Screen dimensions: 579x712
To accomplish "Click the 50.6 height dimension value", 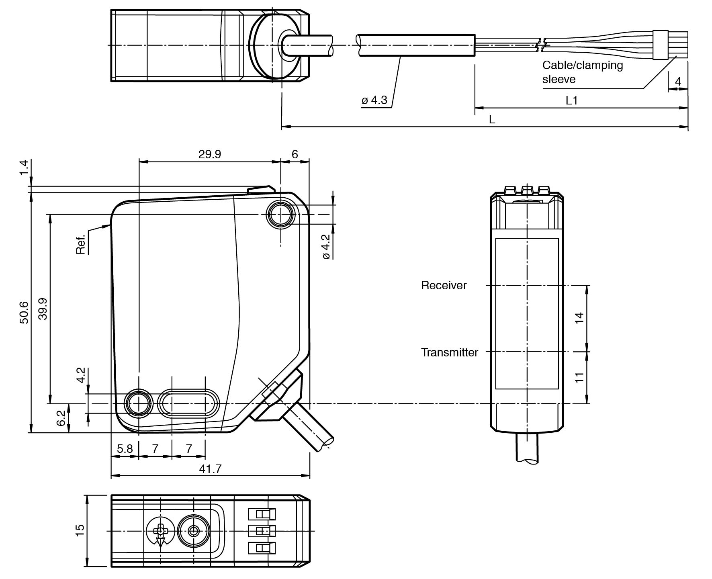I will point(24,312).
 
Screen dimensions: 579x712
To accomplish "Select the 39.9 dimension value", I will point(43,309).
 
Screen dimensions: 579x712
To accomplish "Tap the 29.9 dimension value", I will point(209,154).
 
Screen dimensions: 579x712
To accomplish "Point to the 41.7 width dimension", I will point(210,469).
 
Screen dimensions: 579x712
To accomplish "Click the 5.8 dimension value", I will point(125,448).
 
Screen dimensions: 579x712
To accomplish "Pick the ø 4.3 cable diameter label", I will point(374,100).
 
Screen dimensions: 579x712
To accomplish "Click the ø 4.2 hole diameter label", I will point(325,247).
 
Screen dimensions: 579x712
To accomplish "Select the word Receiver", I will point(444,285).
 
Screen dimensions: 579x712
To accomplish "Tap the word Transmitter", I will point(449,352).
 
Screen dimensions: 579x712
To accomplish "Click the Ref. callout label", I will point(81,244).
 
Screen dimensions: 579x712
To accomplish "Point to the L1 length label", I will point(571,100).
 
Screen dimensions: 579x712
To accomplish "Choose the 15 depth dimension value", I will point(80,531).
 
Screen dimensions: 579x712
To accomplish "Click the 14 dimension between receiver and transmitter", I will point(579,318).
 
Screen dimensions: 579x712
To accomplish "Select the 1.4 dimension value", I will point(24,168).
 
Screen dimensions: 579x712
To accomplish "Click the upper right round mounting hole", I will point(280,215).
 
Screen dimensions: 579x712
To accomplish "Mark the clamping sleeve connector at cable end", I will point(660,45).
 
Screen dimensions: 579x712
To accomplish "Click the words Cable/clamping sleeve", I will point(582,72).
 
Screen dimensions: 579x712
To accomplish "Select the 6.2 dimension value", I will point(61,418).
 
